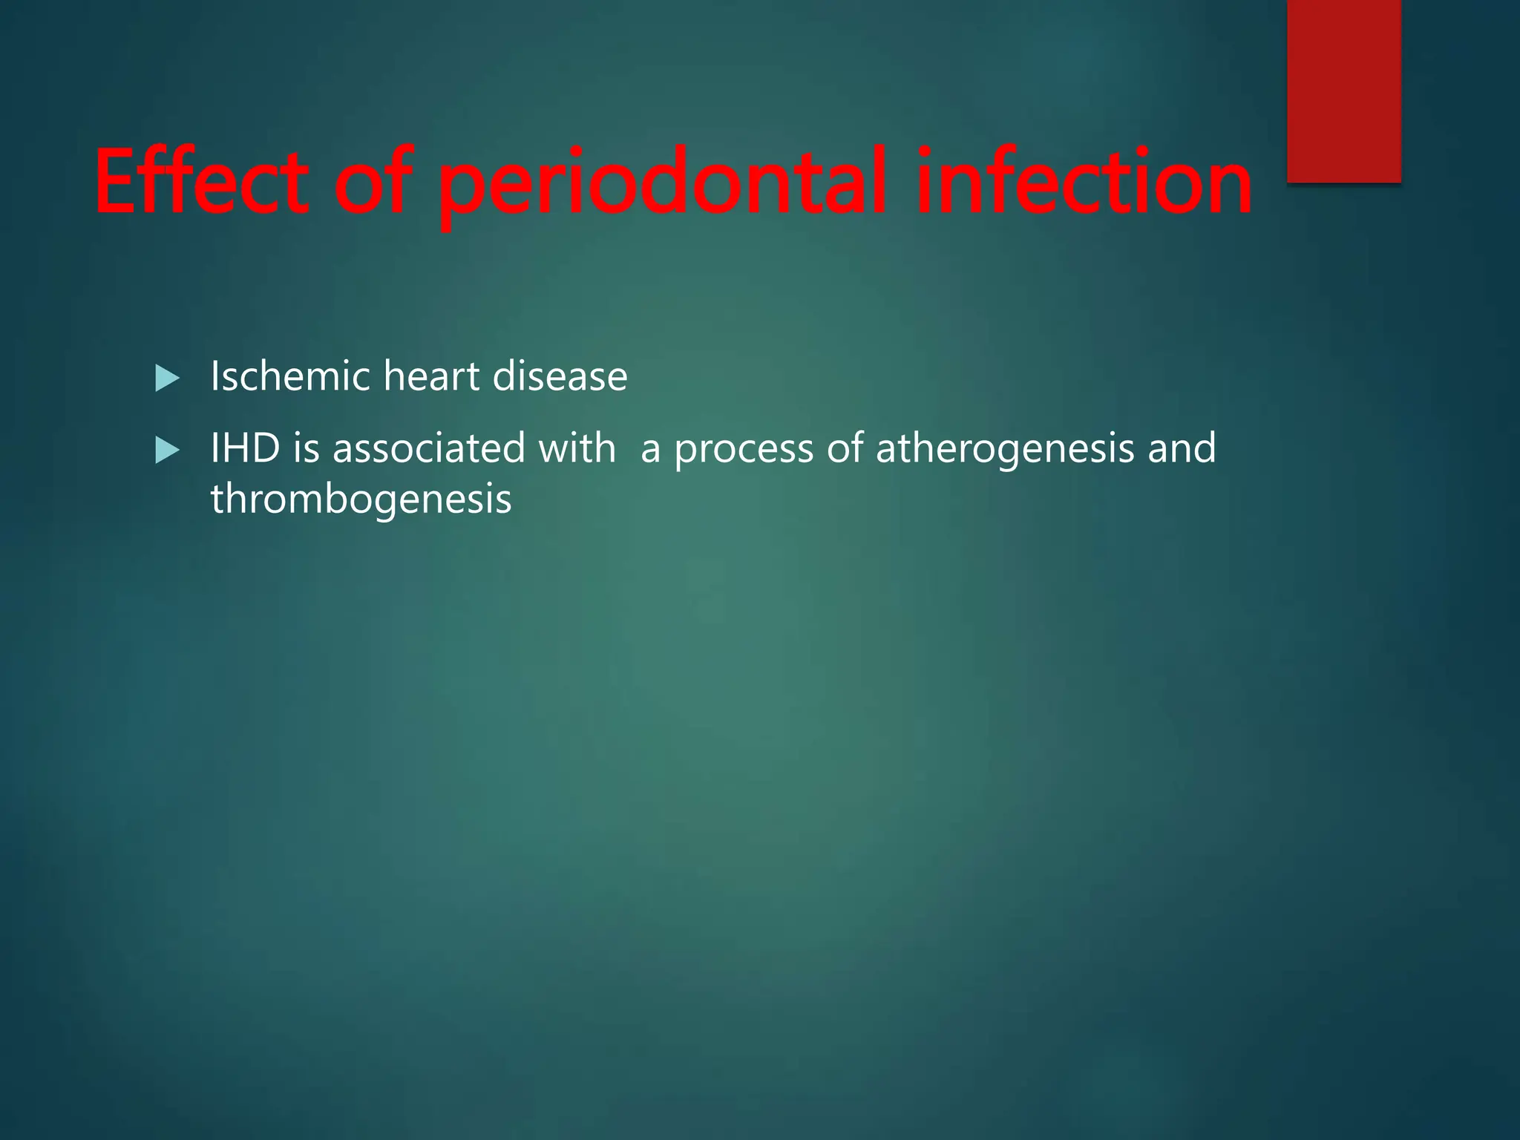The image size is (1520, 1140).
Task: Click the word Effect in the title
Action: (x=201, y=182)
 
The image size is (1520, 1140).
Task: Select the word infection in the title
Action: (x=1084, y=182)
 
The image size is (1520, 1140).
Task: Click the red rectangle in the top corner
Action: (x=1343, y=91)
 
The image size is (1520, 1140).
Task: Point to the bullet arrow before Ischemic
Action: (x=168, y=379)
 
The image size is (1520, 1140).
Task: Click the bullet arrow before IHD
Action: (x=168, y=451)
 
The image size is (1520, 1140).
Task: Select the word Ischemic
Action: (x=290, y=376)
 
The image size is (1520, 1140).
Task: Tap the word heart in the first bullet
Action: (x=431, y=376)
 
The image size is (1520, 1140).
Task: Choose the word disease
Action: (x=560, y=376)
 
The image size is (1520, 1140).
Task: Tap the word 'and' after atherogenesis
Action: (x=1182, y=448)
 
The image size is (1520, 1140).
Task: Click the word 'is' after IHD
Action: (x=306, y=448)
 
